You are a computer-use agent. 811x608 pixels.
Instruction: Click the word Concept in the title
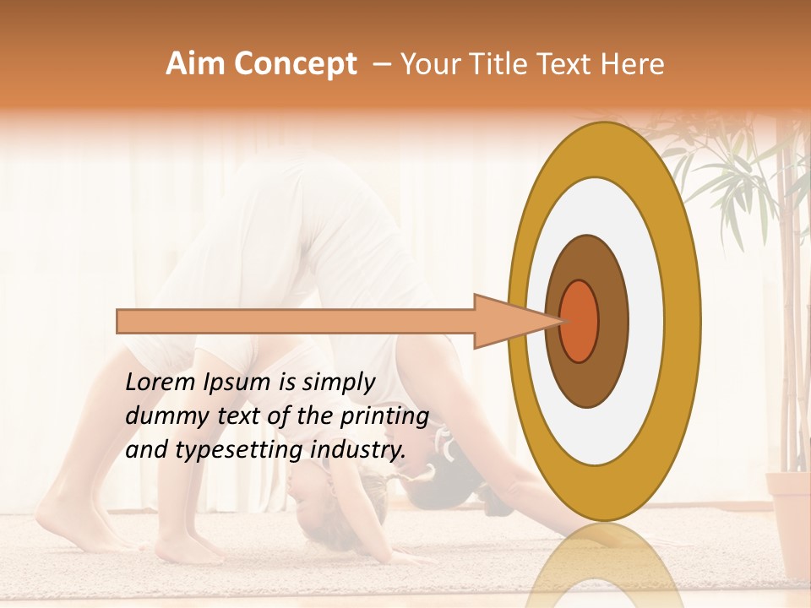click(294, 64)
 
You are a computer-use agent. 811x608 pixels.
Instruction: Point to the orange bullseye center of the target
click(580, 321)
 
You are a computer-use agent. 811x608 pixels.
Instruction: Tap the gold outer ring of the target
click(683, 321)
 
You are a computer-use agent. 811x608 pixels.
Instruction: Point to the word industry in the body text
click(357, 450)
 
